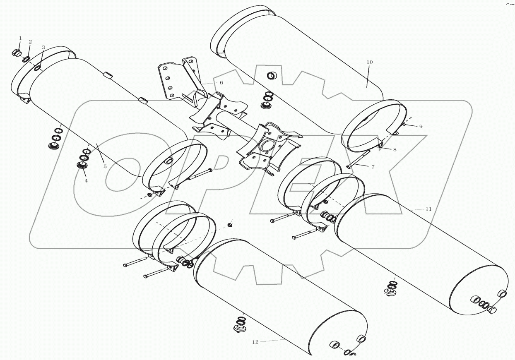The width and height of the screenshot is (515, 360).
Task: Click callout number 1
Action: pos(20,38)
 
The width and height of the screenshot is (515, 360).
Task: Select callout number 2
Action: pos(30,42)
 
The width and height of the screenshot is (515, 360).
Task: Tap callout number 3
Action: pos(43,47)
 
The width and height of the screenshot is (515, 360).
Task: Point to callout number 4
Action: pos(86,181)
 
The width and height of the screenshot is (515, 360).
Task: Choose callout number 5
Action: pos(105,166)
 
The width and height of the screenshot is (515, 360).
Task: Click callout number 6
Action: pos(221,83)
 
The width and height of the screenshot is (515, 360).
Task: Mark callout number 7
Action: pos(373,167)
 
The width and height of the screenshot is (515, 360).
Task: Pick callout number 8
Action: pos(395,149)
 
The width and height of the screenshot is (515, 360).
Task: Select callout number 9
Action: pos(421,127)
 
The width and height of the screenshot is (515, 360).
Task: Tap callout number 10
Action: pos(369,62)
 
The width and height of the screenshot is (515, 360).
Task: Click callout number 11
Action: pos(428,209)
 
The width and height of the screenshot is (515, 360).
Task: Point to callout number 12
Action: pos(255,342)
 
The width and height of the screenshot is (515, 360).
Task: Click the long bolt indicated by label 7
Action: pos(358,159)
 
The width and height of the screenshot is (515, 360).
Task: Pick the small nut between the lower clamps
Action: pos(229,225)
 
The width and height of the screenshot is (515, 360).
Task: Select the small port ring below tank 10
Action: pos(272,76)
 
